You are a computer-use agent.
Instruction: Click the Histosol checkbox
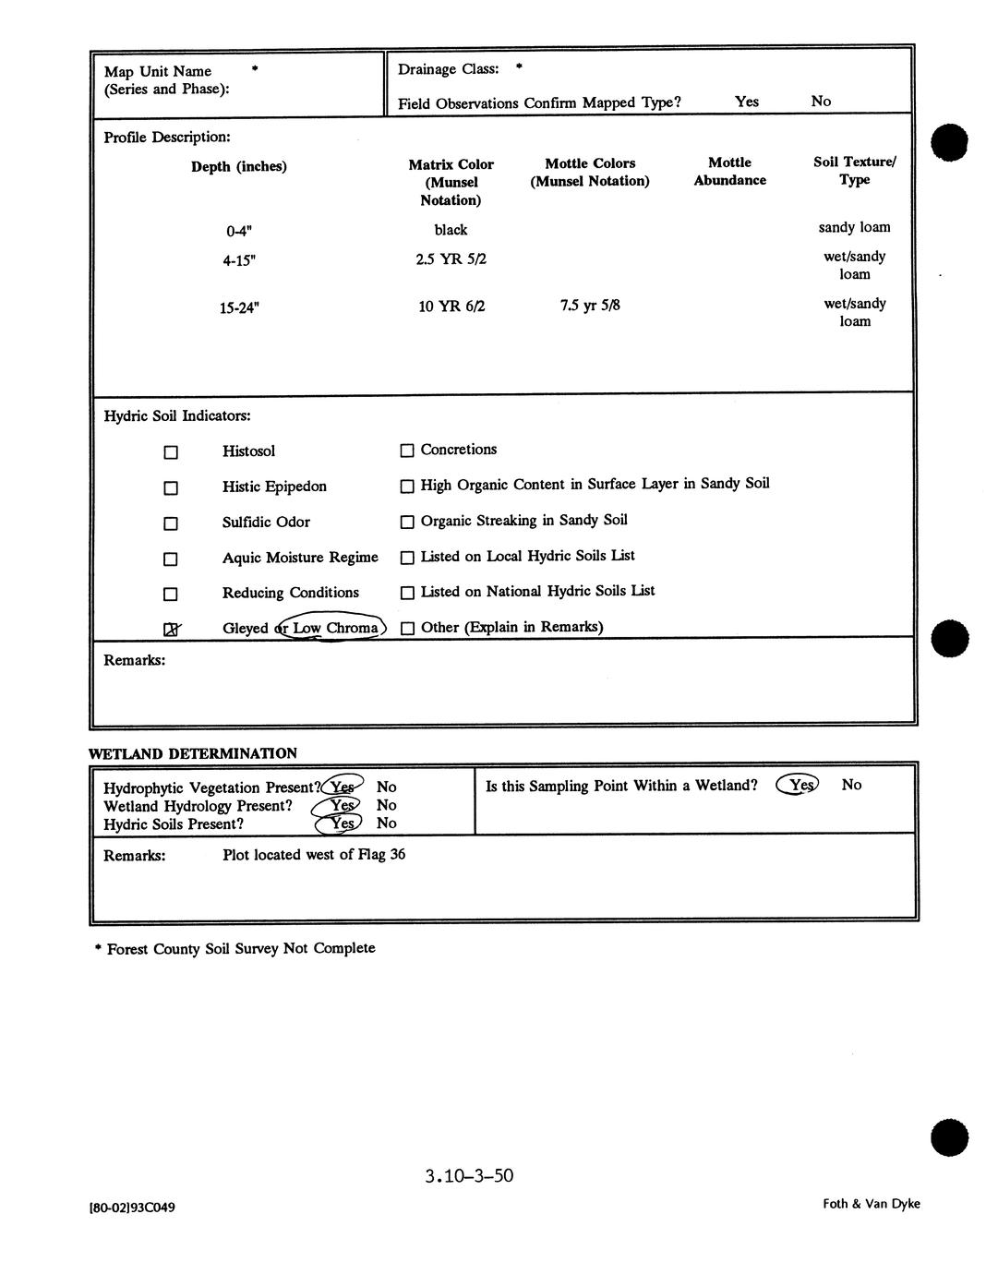pyautogui.click(x=171, y=452)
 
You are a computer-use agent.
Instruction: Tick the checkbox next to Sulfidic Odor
pyautogui.click(x=171, y=523)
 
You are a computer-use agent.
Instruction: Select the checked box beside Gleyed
pyautogui.click(x=171, y=630)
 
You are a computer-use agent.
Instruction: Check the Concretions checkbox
pyautogui.click(x=407, y=451)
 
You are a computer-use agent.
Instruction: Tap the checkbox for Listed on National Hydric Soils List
pyautogui.click(x=407, y=593)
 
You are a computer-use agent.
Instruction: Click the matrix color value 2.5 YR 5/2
pyautogui.click(x=451, y=259)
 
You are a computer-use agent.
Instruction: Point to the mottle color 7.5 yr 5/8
pyautogui.click(x=590, y=305)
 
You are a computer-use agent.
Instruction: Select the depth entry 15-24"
pyautogui.click(x=239, y=308)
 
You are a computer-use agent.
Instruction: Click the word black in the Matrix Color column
pyautogui.click(x=451, y=230)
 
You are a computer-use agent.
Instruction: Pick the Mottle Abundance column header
pyautogui.click(x=729, y=172)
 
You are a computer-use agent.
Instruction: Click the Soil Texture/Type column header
pyautogui.click(x=854, y=171)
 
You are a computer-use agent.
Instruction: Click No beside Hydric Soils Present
pyautogui.click(x=387, y=823)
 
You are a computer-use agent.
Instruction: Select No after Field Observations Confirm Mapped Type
pyautogui.click(x=821, y=102)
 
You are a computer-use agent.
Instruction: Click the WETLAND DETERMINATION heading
pyautogui.click(x=193, y=753)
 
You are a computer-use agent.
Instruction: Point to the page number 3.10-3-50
pyautogui.click(x=469, y=1176)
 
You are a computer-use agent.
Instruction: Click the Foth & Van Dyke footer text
pyautogui.click(x=872, y=1204)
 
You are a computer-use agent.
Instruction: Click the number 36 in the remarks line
pyautogui.click(x=397, y=855)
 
